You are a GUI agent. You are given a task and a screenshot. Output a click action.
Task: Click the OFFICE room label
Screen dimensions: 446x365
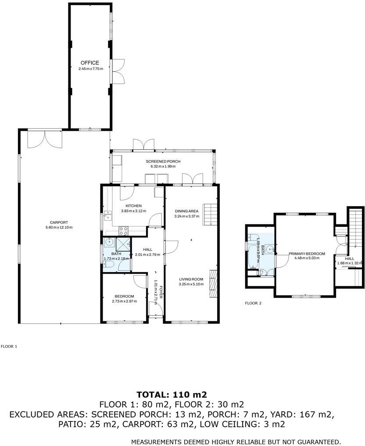tap(89, 63)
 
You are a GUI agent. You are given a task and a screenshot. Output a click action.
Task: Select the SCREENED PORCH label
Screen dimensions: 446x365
tap(163, 162)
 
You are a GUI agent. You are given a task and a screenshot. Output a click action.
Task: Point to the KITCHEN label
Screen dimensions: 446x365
tap(133, 206)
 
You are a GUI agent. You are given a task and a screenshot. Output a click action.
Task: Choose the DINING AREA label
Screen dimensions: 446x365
tap(186, 211)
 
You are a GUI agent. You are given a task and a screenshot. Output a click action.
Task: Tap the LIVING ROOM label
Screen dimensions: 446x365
tap(191, 279)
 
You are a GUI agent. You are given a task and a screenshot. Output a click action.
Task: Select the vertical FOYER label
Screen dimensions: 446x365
tap(161, 293)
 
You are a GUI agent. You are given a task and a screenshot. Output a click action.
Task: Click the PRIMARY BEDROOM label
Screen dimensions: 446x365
tap(307, 254)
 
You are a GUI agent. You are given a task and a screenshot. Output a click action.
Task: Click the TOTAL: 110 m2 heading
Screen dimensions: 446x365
tap(172, 395)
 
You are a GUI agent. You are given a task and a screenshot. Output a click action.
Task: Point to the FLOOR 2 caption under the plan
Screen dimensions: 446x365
tap(253, 303)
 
